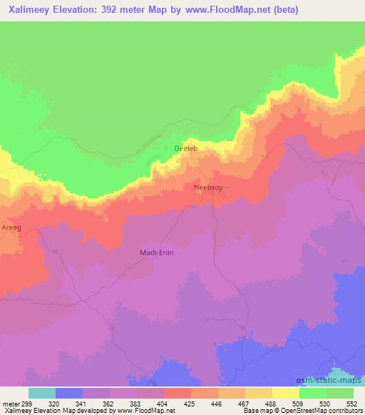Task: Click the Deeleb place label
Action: (185, 148)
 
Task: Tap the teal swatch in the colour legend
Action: (42, 393)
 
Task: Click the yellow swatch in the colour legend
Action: (285, 393)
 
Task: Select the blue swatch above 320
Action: (69, 393)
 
